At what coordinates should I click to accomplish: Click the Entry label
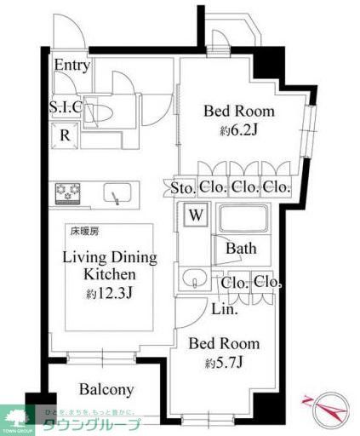(72, 66)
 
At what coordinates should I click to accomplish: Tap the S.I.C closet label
(66, 108)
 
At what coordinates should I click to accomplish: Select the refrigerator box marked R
(65, 133)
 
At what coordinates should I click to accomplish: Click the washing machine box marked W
(195, 215)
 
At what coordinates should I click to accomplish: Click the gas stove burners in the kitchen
(67, 192)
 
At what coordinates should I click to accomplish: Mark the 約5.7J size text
(226, 364)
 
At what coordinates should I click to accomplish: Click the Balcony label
(106, 390)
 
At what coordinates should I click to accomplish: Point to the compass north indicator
(327, 410)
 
